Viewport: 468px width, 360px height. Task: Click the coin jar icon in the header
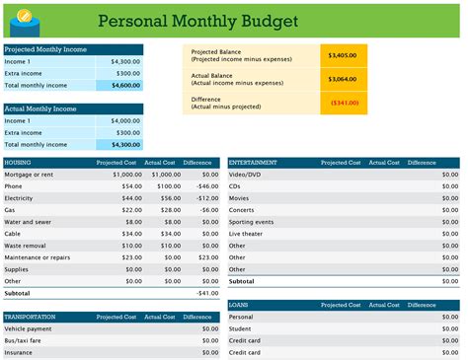coord(23,18)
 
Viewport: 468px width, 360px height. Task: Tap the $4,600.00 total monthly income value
coord(123,86)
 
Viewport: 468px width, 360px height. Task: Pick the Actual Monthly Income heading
coord(41,108)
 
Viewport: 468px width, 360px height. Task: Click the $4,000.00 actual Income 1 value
coord(123,120)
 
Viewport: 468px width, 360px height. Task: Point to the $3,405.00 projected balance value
coord(344,55)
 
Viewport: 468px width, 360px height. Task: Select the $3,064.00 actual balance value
coord(344,79)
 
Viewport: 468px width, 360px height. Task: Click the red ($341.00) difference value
coord(344,102)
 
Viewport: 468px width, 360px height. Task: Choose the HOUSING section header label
coord(19,162)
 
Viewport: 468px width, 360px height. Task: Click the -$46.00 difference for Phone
coord(206,185)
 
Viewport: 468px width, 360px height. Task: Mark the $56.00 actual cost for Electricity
coord(169,197)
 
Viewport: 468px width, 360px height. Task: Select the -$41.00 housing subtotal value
coord(206,293)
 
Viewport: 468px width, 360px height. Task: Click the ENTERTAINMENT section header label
coord(252,162)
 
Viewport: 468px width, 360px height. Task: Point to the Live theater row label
coord(247,233)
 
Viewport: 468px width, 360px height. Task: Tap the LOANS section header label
coord(239,306)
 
